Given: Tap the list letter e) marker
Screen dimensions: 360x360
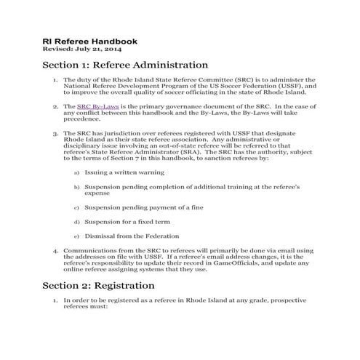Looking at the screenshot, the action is (77, 237).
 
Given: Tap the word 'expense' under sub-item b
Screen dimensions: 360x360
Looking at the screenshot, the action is (97, 194).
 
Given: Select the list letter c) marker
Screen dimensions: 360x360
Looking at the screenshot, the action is (77, 209).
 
